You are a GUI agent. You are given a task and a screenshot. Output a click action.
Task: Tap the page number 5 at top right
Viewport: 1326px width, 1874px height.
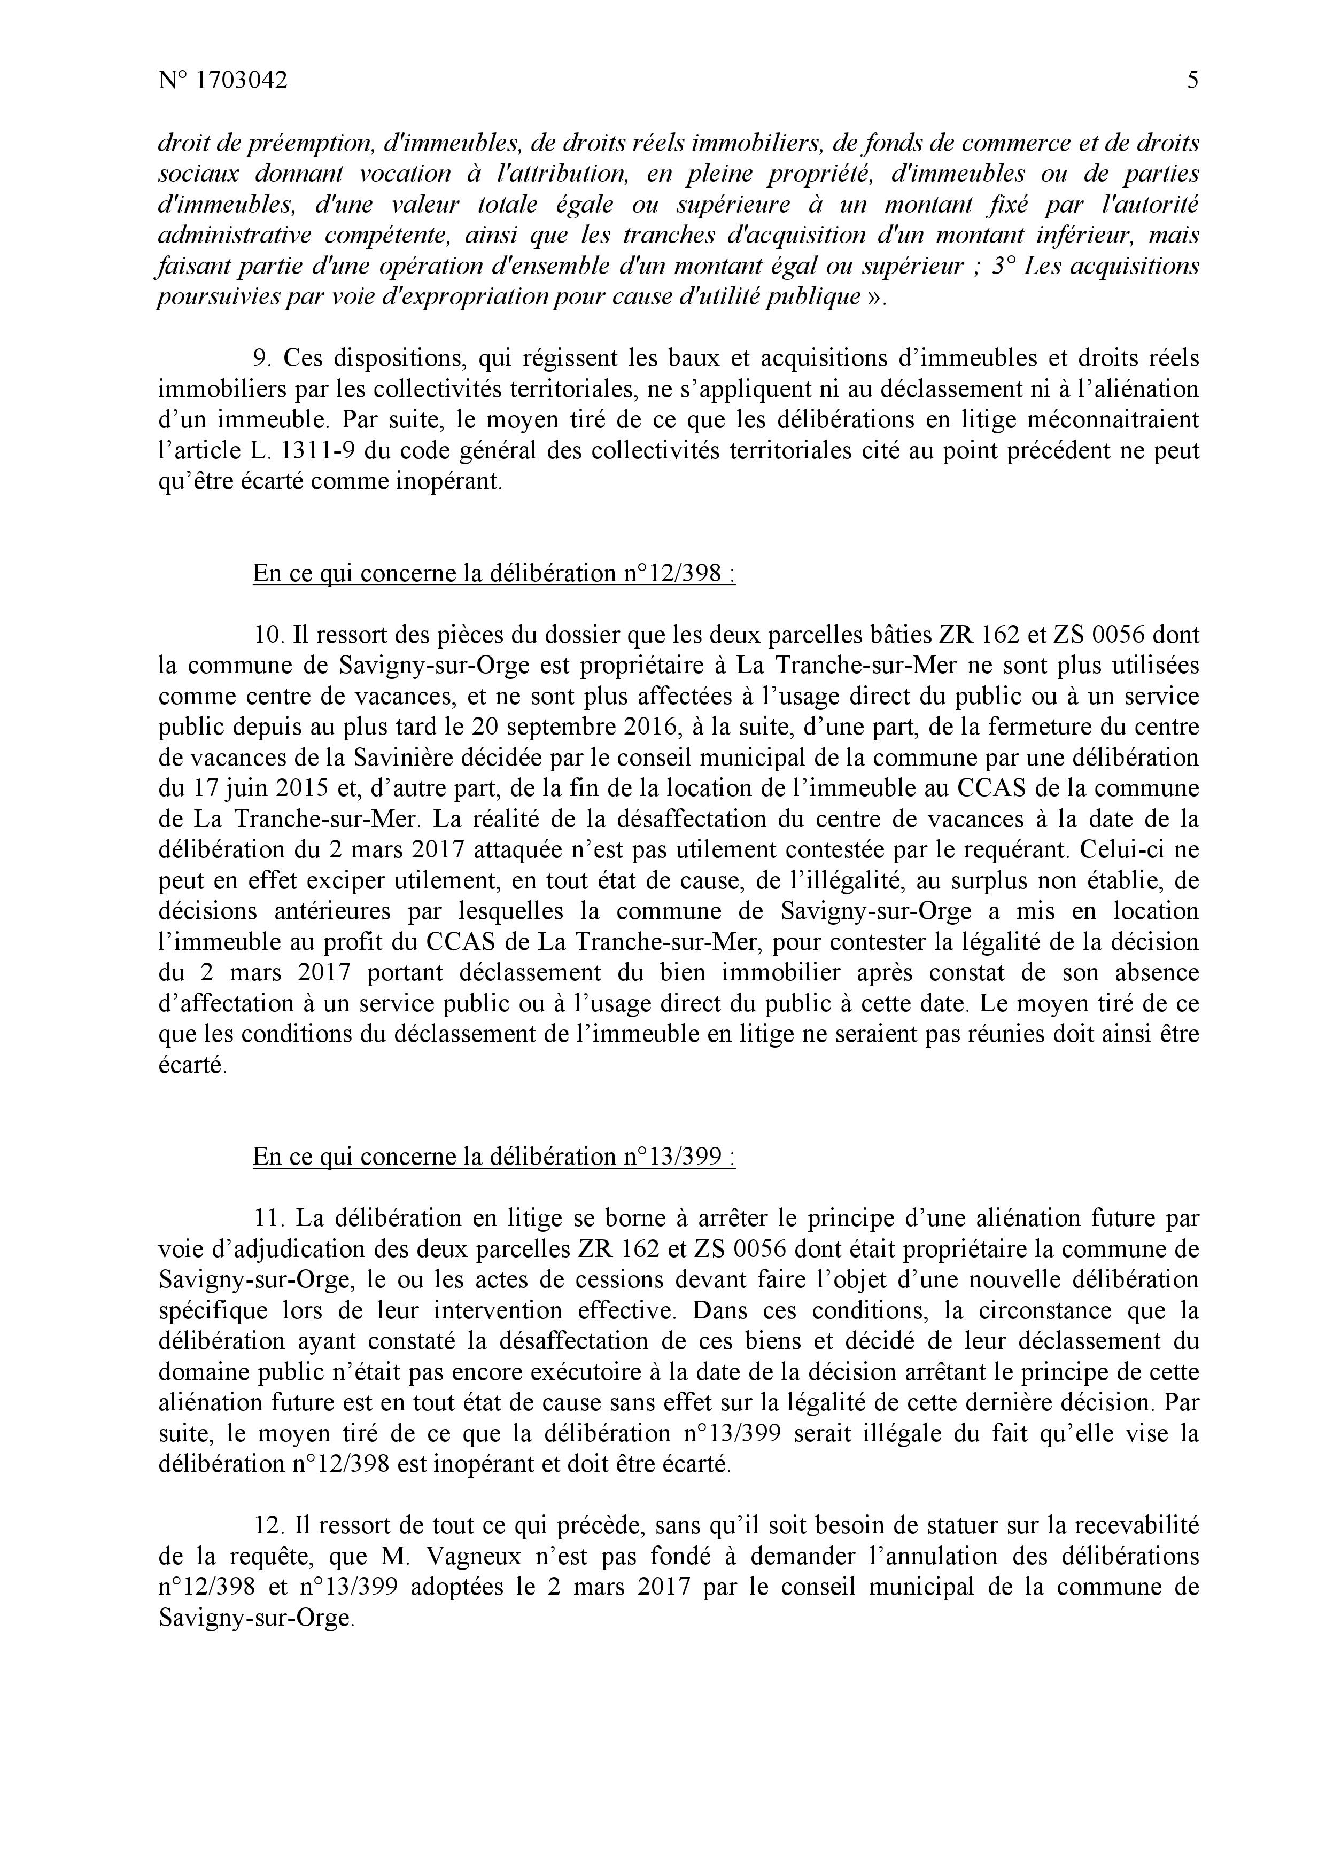1193,80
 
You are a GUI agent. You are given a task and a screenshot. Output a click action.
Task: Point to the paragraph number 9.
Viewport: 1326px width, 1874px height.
260,358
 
